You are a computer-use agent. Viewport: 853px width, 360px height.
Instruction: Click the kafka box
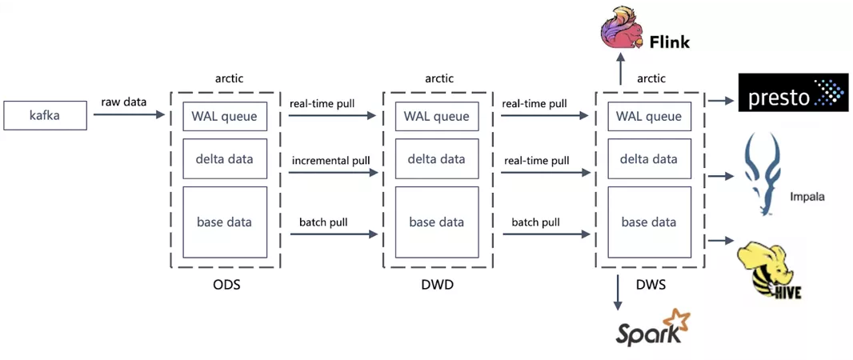coord(45,115)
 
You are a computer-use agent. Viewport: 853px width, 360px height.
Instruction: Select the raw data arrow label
coord(123,102)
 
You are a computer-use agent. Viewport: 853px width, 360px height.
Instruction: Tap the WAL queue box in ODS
coord(225,116)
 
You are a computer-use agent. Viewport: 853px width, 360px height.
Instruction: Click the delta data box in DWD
coord(437,158)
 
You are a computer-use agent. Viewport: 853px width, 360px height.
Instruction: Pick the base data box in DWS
coord(649,222)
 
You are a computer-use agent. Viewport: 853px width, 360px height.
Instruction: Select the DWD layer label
coord(438,284)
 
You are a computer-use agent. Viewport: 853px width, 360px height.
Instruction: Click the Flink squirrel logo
coord(623,30)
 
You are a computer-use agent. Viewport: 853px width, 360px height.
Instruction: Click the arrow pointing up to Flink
coord(621,69)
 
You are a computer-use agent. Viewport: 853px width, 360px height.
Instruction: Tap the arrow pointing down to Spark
coord(619,293)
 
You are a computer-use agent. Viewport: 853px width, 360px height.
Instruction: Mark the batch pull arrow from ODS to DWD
coord(334,234)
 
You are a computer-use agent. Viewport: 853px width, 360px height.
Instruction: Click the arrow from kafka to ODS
coord(129,114)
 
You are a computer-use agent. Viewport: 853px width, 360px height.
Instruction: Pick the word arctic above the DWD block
coord(439,78)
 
